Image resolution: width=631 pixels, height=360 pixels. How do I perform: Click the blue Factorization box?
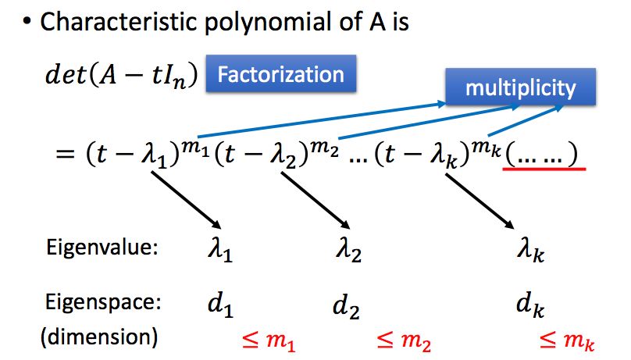point(280,74)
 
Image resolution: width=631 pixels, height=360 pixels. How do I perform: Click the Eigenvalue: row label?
point(103,248)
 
